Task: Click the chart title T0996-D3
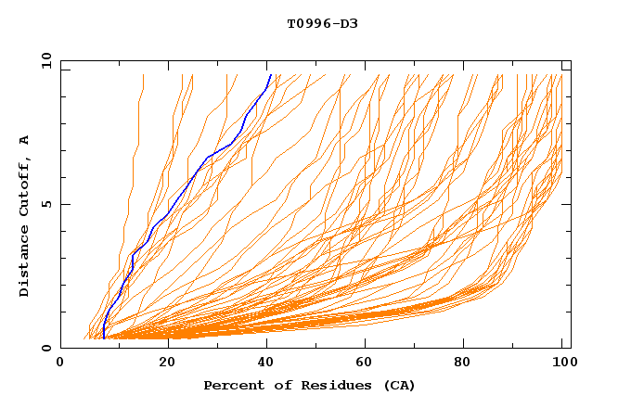(x=322, y=23)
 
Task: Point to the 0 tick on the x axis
(x=60, y=363)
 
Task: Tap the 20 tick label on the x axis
(x=167, y=363)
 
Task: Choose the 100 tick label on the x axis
(x=561, y=363)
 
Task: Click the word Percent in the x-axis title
(x=230, y=385)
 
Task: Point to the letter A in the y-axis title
(x=25, y=140)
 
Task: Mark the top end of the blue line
(x=270, y=74)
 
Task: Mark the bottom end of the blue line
(x=103, y=338)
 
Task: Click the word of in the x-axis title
(x=276, y=385)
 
